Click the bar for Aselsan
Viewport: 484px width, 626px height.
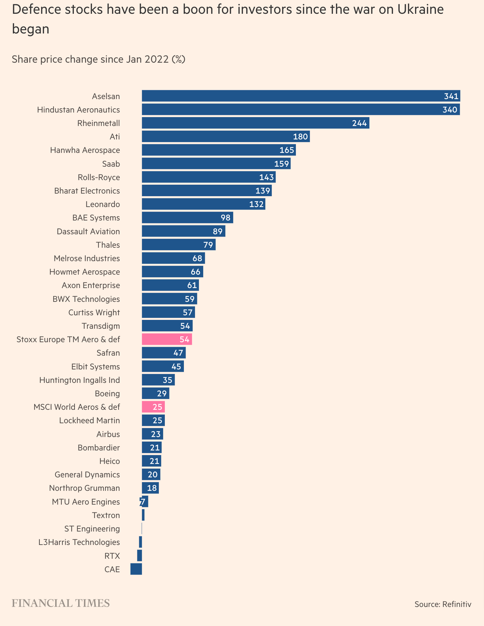pyautogui.click(x=300, y=96)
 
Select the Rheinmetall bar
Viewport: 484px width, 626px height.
pyautogui.click(x=255, y=123)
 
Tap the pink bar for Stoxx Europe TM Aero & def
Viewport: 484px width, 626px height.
pyautogui.click(x=167, y=339)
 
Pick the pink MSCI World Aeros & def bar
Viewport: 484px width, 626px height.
pyautogui.click(x=153, y=407)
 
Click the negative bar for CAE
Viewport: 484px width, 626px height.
pyautogui.click(x=136, y=569)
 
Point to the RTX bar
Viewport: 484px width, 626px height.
pyautogui.click(x=140, y=556)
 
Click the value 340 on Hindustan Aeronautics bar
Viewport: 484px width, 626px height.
pyautogui.click(x=450, y=110)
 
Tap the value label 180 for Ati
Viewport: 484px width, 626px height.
pyautogui.click(x=300, y=137)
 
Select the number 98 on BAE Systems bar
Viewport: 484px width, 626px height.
pyautogui.click(x=226, y=218)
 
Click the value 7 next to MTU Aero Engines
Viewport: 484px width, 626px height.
pyautogui.click(x=142, y=502)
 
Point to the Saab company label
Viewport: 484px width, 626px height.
pyautogui.click(x=111, y=164)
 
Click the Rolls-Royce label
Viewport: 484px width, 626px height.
pyautogui.click(x=99, y=177)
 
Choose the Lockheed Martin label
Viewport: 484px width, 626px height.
pyautogui.click(x=89, y=421)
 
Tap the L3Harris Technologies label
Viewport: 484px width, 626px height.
pyautogui.click(x=79, y=542)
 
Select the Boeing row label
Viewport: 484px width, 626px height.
pyautogui.click(x=107, y=393)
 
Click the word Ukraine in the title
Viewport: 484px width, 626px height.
pyautogui.click(x=420, y=10)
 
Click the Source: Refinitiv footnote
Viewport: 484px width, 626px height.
pyautogui.click(x=443, y=604)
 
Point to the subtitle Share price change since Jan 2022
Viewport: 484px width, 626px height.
pyautogui.click(x=99, y=59)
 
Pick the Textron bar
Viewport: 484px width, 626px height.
pyautogui.click(x=143, y=515)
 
